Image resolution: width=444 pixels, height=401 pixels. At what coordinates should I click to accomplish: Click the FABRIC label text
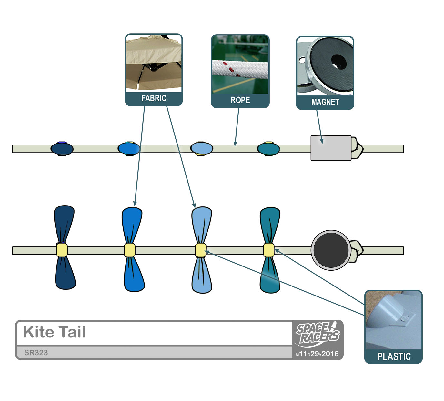(154, 98)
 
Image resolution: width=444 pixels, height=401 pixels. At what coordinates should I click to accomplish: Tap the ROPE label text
(240, 100)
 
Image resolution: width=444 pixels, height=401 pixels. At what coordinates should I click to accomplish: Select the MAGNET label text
(325, 102)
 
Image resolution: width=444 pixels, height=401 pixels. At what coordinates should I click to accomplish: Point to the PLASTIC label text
(394, 356)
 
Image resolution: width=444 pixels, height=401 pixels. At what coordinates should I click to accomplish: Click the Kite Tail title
(55, 332)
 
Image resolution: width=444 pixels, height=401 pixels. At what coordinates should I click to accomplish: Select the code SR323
(36, 353)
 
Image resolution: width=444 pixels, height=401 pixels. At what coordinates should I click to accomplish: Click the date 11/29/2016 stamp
(318, 354)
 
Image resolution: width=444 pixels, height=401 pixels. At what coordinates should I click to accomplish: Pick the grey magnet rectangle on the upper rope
(331, 148)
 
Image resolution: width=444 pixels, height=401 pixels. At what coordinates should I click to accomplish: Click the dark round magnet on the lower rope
(331, 250)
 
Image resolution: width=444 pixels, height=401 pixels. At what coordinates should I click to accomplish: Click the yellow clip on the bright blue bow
(130, 250)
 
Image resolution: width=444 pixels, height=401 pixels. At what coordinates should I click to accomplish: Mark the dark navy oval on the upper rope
(62, 149)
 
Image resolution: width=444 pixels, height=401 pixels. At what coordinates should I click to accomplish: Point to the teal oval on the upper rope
(268, 149)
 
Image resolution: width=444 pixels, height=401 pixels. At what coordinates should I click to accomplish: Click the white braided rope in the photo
(240, 69)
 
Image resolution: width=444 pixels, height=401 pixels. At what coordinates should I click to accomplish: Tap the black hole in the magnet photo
(338, 61)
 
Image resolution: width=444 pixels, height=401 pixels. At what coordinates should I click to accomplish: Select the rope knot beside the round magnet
(357, 250)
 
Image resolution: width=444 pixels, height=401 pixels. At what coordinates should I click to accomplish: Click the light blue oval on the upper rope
(202, 148)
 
